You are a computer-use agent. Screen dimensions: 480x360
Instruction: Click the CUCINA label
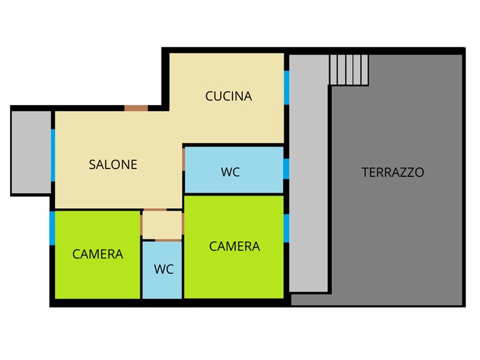pos(229,96)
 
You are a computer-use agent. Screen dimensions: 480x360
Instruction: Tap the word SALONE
pos(113,164)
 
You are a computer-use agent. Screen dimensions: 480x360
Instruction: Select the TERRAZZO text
pos(393,172)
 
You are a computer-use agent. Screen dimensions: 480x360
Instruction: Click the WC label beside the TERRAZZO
pos(230,172)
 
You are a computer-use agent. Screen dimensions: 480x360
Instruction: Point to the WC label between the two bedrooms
pos(164,269)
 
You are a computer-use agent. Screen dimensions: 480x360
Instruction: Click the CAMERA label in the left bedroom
pos(98,254)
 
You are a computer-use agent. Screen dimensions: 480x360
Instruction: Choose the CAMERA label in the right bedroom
pos(235,247)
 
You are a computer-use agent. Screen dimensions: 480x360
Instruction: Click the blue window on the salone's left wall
pos(53,155)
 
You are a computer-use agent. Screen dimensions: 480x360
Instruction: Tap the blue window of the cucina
pos(287,88)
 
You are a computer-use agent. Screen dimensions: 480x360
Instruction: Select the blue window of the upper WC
pos(286,169)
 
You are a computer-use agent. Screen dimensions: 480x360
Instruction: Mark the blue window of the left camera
pos(52,228)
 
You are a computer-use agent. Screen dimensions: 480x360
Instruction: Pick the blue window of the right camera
pos(287,229)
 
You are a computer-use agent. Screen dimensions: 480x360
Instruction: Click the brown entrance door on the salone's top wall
pos(136,108)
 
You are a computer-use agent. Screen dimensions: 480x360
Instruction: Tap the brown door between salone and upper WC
pos(184,159)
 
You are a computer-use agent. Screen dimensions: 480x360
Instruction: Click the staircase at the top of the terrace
pos(349,70)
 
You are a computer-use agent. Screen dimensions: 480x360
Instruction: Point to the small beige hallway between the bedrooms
pos(162,225)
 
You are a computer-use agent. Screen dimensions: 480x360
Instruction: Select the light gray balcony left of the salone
pos(31,152)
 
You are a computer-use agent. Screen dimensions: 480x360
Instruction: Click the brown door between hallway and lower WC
pos(168,241)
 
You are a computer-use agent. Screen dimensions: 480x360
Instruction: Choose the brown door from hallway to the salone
pos(155,210)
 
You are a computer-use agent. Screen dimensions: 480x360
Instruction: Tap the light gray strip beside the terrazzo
pos(308,173)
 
